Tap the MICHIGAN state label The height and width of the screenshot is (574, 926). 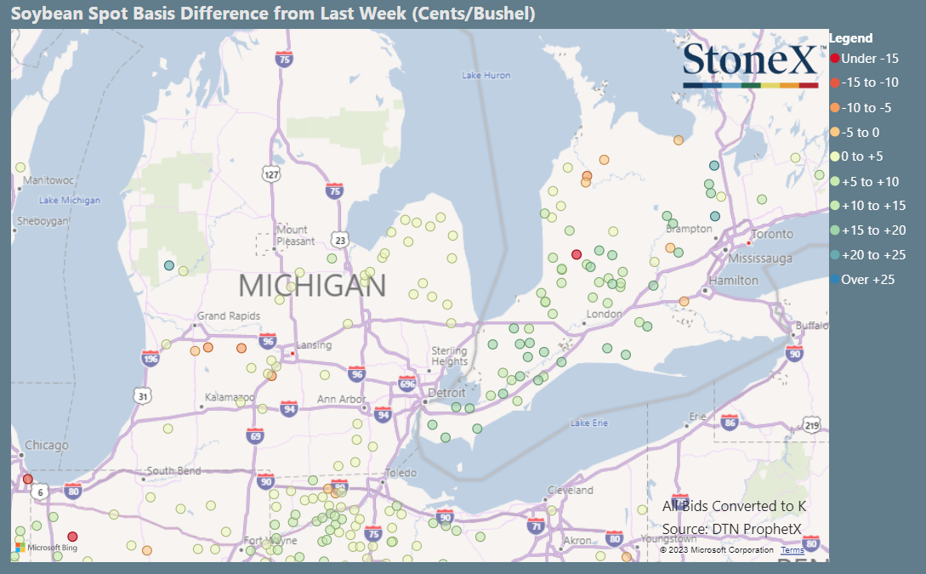click(x=312, y=286)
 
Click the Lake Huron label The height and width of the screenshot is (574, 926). click(x=486, y=76)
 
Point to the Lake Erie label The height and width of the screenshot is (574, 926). click(x=590, y=423)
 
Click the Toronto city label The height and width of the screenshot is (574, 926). click(x=772, y=234)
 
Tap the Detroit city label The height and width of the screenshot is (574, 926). click(x=446, y=393)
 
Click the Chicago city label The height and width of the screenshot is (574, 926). click(x=46, y=446)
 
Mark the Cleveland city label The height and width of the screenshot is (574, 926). click(x=571, y=491)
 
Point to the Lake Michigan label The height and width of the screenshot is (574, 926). click(x=70, y=201)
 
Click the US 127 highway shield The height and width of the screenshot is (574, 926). click(x=271, y=173)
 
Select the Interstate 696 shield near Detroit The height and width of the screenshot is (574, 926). click(x=407, y=384)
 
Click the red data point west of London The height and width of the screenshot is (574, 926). click(x=577, y=254)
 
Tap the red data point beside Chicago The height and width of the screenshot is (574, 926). click(x=27, y=479)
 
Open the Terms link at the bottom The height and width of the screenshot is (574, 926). click(x=792, y=550)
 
